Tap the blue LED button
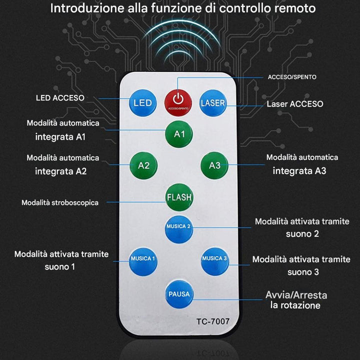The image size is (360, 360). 142,103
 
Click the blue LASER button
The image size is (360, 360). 213,103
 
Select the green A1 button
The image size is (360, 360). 179,134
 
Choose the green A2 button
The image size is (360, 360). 143,165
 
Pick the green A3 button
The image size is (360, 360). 214,165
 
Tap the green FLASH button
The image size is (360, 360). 179,197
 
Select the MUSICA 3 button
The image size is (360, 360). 215,260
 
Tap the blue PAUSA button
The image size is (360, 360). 179,294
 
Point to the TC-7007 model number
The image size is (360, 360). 213,321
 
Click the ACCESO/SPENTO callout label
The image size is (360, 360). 292,77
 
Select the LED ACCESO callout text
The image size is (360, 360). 60,98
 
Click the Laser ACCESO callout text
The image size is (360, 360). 294,104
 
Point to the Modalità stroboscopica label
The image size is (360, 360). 60,202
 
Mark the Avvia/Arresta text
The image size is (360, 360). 292,295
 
